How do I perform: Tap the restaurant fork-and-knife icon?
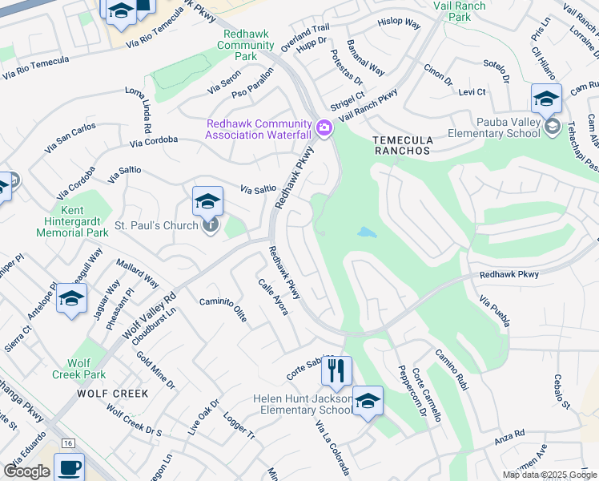pos(336,371)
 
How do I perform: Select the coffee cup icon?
pos(69,467)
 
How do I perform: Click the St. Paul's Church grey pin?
pos(210,225)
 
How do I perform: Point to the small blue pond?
pos(367,232)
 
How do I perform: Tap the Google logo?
pos(27,471)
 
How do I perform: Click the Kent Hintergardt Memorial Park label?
pos(72,225)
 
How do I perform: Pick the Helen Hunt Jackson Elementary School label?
pos(303,405)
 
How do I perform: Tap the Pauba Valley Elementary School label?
pos(493,127)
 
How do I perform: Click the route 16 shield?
pos(68,443)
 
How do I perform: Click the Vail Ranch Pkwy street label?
pos(368,105)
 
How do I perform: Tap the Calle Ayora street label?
pos(272,296)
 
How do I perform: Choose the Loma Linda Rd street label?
pos(138,110)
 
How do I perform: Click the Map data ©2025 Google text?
pos(549,475)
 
